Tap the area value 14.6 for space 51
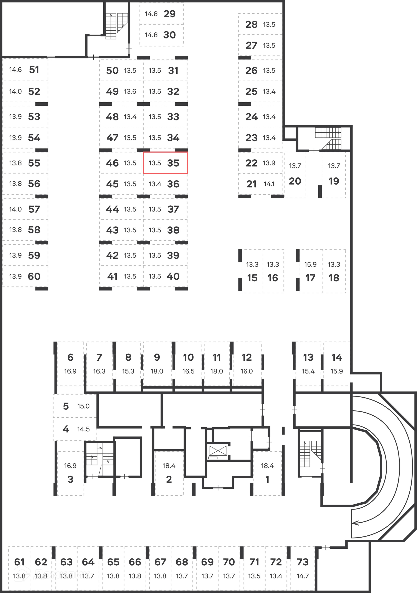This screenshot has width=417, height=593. [x=15, y=70]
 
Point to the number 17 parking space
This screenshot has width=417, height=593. [x=310, y=278]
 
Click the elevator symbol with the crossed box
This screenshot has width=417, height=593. [x=218, y=451]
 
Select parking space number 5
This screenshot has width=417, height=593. [x=66, y=406]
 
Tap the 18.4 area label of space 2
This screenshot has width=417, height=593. [x=169, y=465]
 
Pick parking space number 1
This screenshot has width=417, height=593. [x=267, y=479]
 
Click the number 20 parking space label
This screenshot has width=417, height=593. [x=295, y=181]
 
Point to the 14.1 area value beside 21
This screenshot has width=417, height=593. [x=269, y=184]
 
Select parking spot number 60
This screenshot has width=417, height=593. [x=34, y=276]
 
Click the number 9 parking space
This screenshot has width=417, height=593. [x=157, y=357]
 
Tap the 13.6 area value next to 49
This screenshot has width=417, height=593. [x=130, y=92]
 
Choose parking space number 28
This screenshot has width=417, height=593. [x=251, y=25]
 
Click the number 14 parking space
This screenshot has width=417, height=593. [x=337, y=357]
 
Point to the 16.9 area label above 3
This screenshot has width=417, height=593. [x=70, y=465]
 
